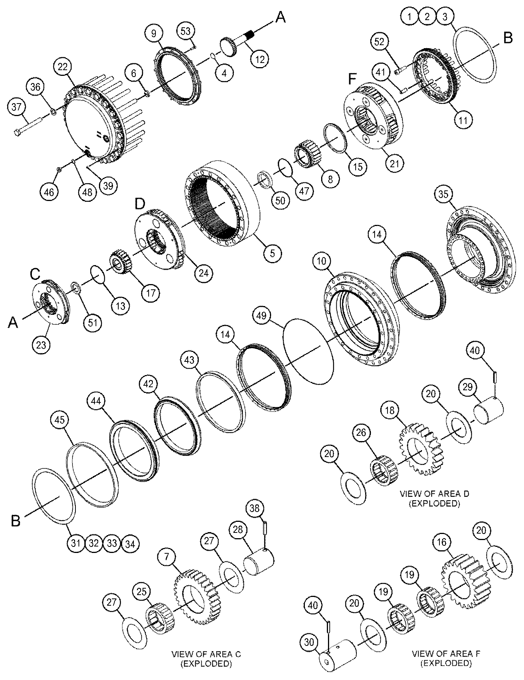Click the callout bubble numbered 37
[17, 107]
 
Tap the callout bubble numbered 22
[63, 67]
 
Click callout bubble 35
[443, 195]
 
